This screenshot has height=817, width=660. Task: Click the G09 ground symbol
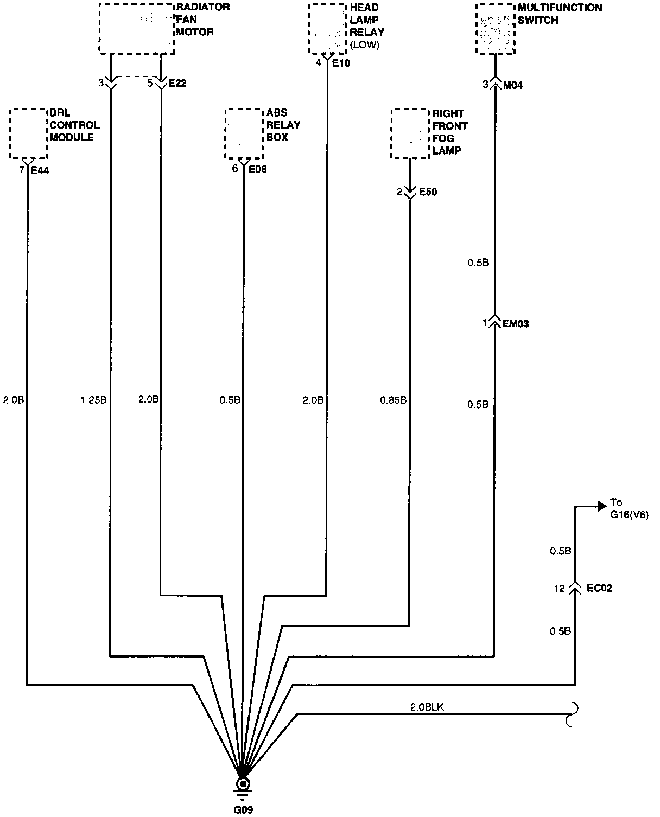[243, 786]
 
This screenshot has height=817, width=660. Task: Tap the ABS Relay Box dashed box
[244, 133]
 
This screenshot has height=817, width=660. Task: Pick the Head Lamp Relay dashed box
[327, 29]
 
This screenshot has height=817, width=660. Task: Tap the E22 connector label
[177, 84]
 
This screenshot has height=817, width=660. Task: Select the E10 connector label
[341, 63]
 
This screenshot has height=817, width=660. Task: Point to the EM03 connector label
[515, 324]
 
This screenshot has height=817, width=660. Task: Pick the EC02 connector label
[599, 588]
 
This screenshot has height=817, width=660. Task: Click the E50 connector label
[428, 192]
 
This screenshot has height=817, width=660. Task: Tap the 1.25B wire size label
[93, 400]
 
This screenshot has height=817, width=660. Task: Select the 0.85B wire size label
[392, 400]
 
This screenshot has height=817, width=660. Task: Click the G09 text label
[243, 810]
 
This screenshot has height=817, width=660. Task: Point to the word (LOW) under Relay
[365, 46]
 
